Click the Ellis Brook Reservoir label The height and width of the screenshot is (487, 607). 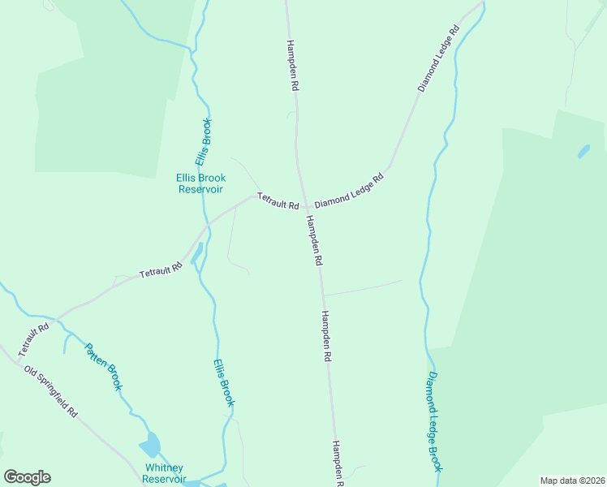[x=200, y=183]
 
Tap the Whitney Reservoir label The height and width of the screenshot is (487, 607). [x=164, y=473]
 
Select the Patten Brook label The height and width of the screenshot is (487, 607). [x=104, y=367]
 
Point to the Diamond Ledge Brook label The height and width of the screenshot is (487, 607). [x=435, y=421]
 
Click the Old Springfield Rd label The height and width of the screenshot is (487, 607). [x=50, y=391]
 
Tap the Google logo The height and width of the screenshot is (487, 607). [x=27, y=477]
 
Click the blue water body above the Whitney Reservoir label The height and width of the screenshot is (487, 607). [x=150, y=445]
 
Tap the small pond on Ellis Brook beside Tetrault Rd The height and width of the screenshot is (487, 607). [x=196, y=254]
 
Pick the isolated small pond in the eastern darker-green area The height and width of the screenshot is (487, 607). [x=583, y=152]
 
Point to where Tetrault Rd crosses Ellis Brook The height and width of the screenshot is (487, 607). [x=208, y=223]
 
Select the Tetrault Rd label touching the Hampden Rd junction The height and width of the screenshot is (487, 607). [x=278, y=200]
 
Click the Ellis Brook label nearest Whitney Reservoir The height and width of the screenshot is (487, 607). [x=224, y=383]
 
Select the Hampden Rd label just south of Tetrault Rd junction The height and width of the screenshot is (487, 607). [x=314, y=241]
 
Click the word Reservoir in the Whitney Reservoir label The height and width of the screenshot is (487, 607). [x=164, y=479]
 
